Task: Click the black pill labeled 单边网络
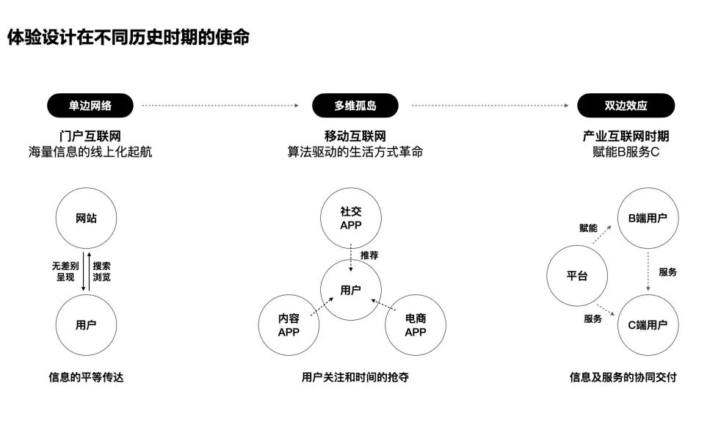click(90, 106)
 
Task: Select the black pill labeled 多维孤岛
click(355, 106)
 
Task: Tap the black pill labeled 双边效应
click(626, 106)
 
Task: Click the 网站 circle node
click(86, 218)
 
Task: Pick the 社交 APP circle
click(351, 218)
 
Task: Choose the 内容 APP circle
click(289, 325)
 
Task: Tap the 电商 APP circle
click(416, 325)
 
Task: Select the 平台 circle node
click(577, 276)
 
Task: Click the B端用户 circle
click(648, 218)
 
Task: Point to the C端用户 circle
click(648, 325)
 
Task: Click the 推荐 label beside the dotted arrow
click(369, 255)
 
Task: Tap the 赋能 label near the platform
click(589, 228)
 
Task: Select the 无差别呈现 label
click(65, 272)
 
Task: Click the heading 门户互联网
click(90, 136)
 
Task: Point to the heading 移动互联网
click(355, 136)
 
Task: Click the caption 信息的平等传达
click(86, 377)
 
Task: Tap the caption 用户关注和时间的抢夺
click(355, 377)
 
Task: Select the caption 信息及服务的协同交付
click(623, 377)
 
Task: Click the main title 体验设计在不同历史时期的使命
click(128, 37)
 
